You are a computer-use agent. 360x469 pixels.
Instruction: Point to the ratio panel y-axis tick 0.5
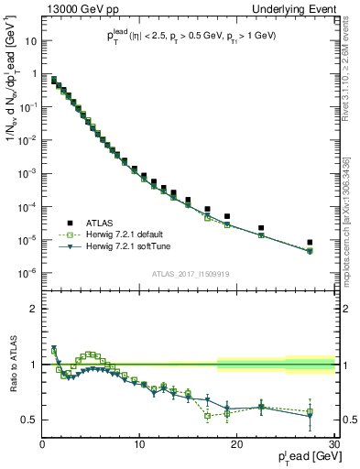pyautogui.click(x=30, y=420)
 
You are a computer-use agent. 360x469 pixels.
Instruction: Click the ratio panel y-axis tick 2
pyautogui.click(x=34, y=309)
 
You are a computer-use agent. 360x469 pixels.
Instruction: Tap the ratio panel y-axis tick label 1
pyautogui.click(x=34, y=365)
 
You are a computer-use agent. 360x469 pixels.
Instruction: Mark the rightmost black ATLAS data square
pyautogui.click(x=311, y=243)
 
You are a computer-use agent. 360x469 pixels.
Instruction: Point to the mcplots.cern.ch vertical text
pyautogui.click(x=354, y=211)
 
